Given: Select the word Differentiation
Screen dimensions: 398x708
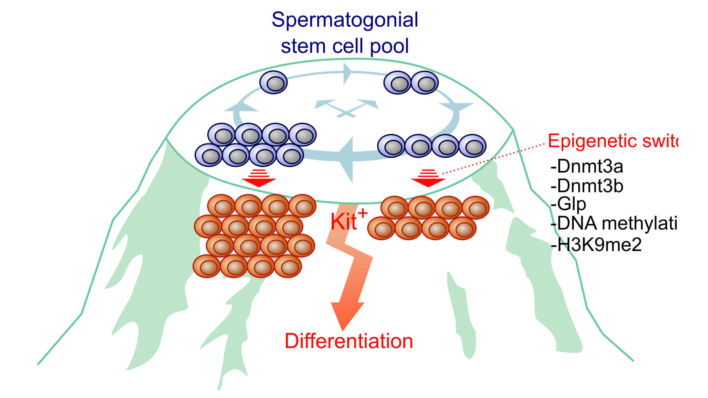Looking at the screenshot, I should (x=348, y=341).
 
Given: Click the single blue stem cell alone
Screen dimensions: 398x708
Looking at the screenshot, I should (x=273, y=82).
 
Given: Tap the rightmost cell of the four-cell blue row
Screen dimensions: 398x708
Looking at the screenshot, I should (x=472, y=146).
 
